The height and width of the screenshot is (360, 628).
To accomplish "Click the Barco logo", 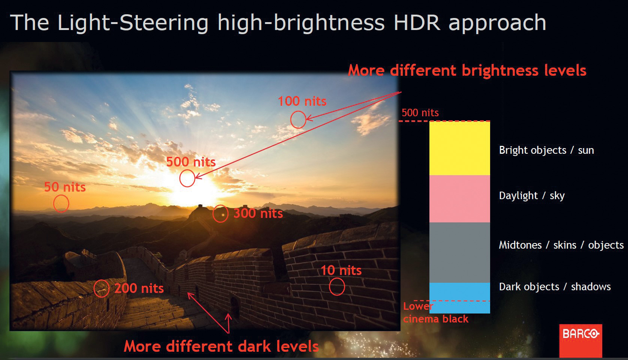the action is pos(581,340).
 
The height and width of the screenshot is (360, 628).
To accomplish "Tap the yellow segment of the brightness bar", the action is pos(460,148).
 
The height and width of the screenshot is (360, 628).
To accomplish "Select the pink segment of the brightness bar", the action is pos(460,199).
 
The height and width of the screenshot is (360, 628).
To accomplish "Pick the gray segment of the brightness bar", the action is pos(460,252).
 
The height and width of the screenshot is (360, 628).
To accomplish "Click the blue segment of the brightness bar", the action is pos(460,298).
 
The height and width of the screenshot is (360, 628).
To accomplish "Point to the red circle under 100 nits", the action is pos(291,120).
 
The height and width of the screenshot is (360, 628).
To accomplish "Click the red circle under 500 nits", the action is pos(180,178).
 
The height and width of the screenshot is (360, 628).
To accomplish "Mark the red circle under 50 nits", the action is pos(54,203).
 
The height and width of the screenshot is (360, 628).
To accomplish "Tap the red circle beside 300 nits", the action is pos(213,214).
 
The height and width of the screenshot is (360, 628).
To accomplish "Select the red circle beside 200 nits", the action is pos(94,288).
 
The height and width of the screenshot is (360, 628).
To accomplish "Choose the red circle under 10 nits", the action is pos(329,287).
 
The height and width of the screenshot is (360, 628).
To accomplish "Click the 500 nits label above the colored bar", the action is pos(420,113).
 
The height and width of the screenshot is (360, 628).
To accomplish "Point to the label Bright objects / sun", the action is pos(546,150).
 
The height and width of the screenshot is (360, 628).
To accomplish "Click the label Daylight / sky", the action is pos(532,196).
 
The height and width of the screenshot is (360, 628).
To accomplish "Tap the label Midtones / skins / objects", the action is pos(561,245).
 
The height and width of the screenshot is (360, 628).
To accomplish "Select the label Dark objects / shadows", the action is pos(555,287).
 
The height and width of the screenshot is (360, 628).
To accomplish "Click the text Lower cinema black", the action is pos(436,313).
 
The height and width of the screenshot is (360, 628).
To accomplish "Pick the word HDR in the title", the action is pos(417,23).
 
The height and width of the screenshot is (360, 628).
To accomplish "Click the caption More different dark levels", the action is pos(221,346).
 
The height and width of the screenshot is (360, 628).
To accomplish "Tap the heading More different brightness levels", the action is pos(467,70).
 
